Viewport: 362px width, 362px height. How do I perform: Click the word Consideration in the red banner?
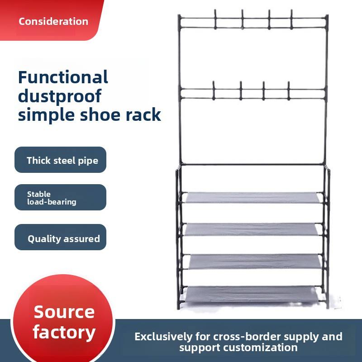tap(53, 21)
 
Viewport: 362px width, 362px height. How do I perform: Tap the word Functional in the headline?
tap(63, 77)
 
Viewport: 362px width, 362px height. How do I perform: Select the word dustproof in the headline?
tap(60, 96)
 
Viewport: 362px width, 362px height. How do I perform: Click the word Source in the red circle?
tap(64, 312)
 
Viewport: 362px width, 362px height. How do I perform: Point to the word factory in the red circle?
tap(64, 333)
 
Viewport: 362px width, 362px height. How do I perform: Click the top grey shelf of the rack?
tap(253, 198)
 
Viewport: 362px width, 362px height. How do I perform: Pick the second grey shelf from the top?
tap(253, 229)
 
